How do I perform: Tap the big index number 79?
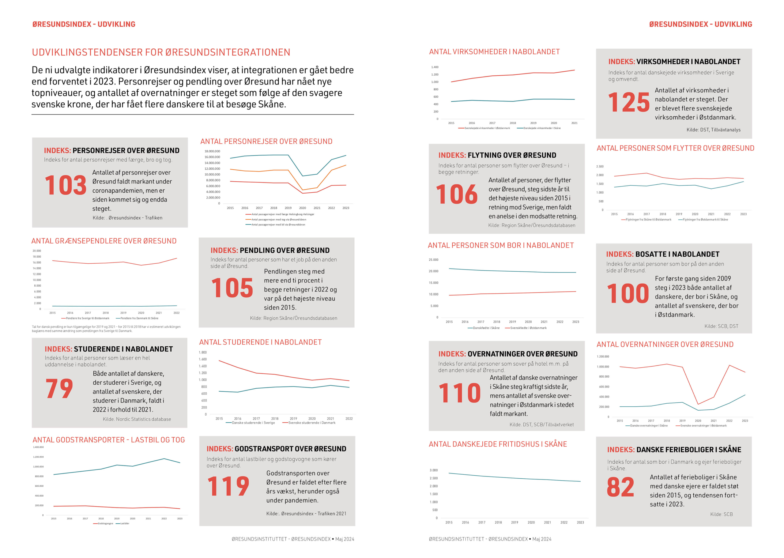[x=59, y=389]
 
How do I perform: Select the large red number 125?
[x=628, y=102]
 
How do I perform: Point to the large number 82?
[x=620, y=487]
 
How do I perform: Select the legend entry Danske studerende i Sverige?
[x=253, y=423]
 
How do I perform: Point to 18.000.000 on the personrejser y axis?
[x=212, y=151]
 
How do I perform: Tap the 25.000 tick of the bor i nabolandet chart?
[x=433, y=260]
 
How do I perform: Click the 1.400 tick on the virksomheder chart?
[x=435, y=67]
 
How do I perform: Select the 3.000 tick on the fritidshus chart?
[x=434, y=470]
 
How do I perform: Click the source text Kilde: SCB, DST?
[x=721, y=326]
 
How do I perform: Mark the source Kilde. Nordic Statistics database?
[x=137, y=419]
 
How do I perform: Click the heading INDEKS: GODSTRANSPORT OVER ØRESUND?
[x=276, y=449]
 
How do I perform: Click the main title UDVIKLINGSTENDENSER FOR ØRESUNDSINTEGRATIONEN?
[x=161, y=52]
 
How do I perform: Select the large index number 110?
[x=459, y=393]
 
